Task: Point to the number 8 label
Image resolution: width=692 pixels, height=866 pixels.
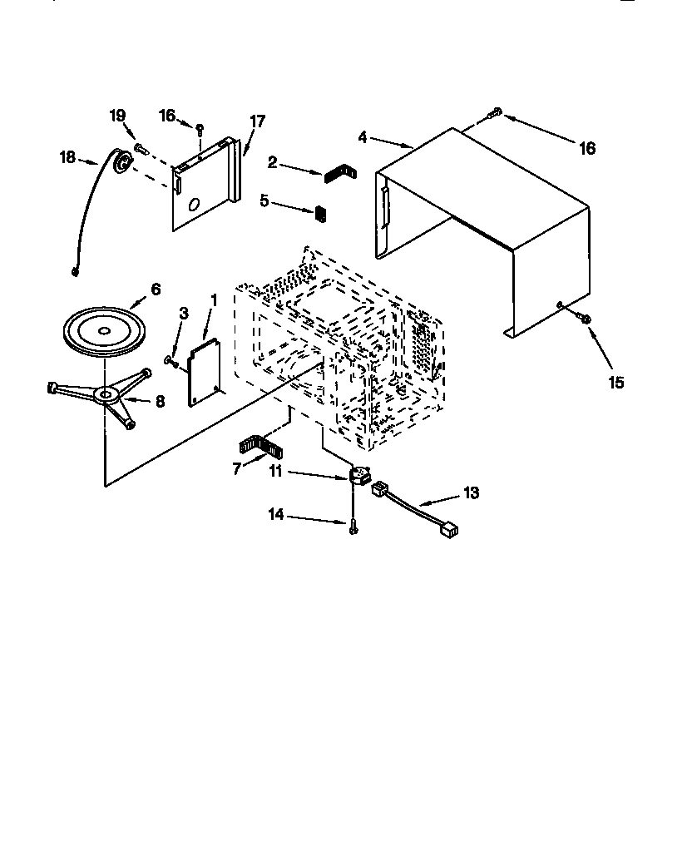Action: pos(160,400)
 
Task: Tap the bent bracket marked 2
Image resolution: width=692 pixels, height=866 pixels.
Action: pos(338,174)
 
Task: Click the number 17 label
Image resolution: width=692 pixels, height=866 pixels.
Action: pos(257,121)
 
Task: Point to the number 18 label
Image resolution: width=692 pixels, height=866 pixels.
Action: pos(67,156)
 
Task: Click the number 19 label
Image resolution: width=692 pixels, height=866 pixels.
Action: pos(118,116)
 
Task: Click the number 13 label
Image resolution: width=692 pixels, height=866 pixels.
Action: pos(471,493)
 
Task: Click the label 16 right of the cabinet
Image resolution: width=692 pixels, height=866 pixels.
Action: pos(587,148)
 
